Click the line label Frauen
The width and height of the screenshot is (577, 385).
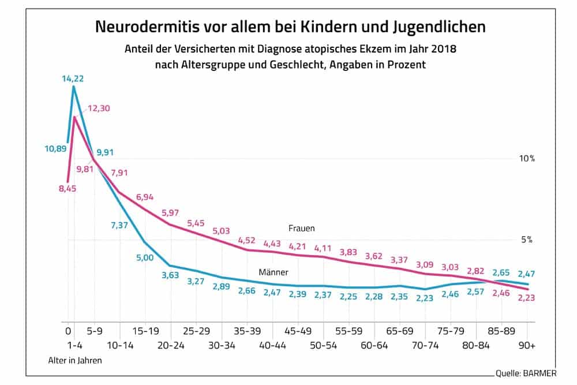pos(301,229)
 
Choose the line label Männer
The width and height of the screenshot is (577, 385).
pos(273,271)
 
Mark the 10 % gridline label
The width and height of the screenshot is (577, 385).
pos(526,159)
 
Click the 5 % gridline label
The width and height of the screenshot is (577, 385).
pos(526,240)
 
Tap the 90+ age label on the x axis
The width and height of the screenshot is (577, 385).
pos(526,345)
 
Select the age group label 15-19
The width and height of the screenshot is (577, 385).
pos(145,332)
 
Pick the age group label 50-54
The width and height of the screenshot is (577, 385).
pos(324,345)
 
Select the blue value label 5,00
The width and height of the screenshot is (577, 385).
pos(144,257)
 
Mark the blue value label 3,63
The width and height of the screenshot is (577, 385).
pos(171,275)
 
